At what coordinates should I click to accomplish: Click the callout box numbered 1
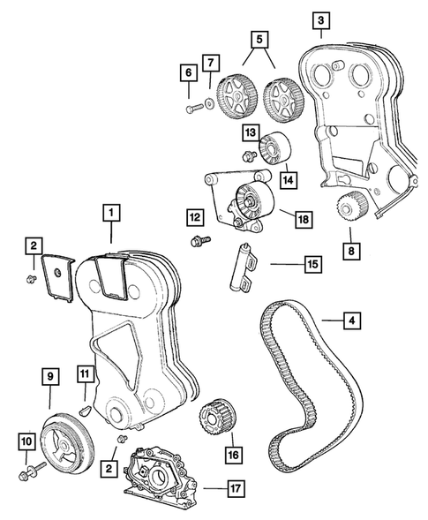coord(111,212)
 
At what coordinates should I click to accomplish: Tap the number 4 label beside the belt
coord(351,322)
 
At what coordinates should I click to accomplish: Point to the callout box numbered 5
coord(258,40)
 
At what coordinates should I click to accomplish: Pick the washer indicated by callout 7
coord(210,105)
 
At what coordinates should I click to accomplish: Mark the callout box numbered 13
coord(252,133)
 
